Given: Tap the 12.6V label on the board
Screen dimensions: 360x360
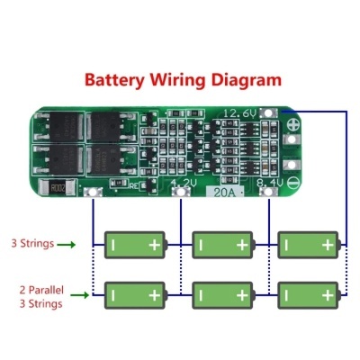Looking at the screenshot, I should [x=238, y=112].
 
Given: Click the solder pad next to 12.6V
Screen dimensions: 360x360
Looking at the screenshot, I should [x=267, y=112].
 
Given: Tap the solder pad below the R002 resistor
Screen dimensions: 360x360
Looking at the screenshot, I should [x=91, y=193].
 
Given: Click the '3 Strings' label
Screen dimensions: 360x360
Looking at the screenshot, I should [x=32, y=243].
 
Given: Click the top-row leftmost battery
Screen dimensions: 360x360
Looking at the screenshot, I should [x=135, y=243].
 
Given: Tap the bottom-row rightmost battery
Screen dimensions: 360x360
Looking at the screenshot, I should [x=310, y=293].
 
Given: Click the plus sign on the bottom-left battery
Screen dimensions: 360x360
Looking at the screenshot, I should [x=155, y=293].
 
